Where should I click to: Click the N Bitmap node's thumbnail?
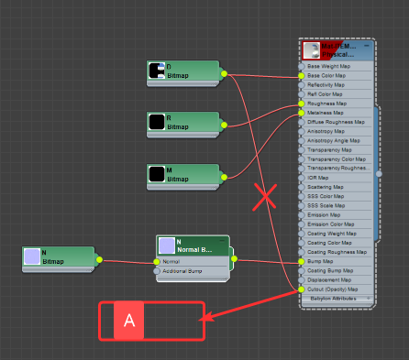click(32, 256)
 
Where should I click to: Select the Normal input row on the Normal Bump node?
click(193, 261)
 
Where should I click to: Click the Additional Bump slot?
click(193, 271)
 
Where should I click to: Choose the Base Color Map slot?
click(336, 76)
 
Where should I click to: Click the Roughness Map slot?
click(336, 104)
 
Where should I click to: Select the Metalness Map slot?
click(336, 113)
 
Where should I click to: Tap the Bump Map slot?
click(336, 262)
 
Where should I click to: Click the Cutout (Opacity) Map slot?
click(336, 289)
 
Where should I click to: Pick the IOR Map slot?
click(336, 178)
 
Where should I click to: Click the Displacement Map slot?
click(336, 280)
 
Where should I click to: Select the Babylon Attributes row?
click(336, 299)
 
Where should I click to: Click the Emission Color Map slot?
click(336, 224)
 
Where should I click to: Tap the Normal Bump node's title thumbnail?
click(166, 245)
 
